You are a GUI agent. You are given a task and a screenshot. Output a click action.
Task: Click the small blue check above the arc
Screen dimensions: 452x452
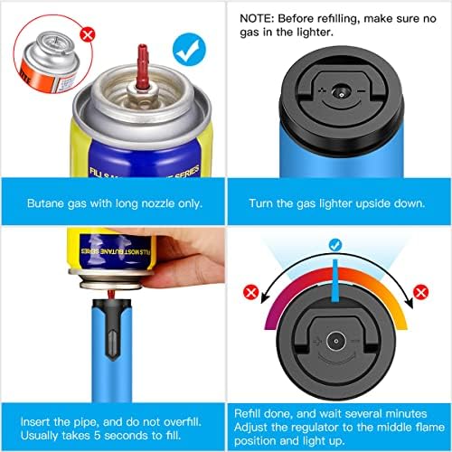(334, 244)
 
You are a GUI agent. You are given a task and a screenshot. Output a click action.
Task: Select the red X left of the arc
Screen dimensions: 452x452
(252, 292)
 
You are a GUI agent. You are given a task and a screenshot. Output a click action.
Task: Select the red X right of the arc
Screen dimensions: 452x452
(420, 292)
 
